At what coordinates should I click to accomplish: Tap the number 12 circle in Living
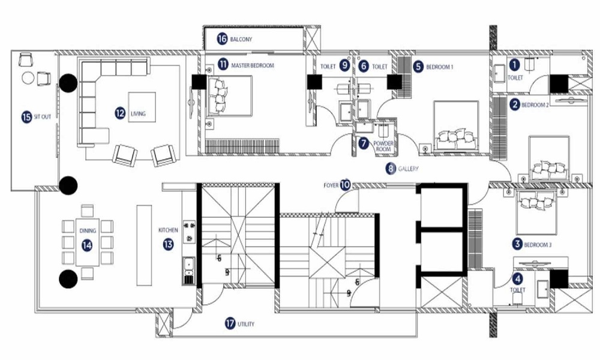coord(121,112)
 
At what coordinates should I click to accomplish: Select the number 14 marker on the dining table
coord(88,245)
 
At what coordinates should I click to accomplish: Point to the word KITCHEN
coord(168,230)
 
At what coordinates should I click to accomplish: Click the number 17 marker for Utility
coord(229,323)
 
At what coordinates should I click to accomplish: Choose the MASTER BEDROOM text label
coord(253,64)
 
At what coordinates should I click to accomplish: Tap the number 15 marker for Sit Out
coord(26,117)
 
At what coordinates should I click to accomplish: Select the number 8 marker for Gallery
coord(391,169)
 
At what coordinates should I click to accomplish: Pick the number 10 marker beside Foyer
coord(345,185)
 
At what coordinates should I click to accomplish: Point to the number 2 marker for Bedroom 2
coord(514,104)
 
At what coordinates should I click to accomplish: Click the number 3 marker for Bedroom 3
coord(517,244)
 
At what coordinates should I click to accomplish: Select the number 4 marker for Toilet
coord(517,278)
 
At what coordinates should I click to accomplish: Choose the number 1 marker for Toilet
coord(514,63)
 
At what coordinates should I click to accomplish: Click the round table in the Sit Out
coord(28,77)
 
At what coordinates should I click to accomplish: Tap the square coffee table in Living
coord(142,107)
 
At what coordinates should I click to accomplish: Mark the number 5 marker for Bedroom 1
coord(418,67)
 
